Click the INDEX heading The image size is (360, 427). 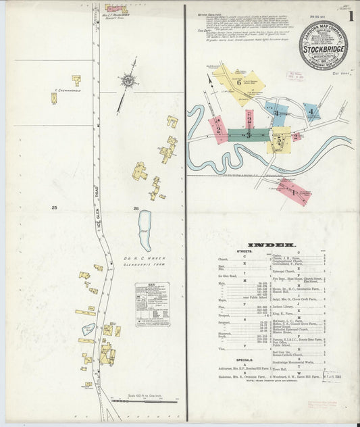pyautogui.click(x=272, y=245)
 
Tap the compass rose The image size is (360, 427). pyautogui.click(x=128, y=80)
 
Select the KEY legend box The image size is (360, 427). pyautogui.click(x=152, y=304)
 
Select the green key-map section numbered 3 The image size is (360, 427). pyautogui.click(x=248, y=135)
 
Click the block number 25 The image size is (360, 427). pyautogui.click(x=53, y=208)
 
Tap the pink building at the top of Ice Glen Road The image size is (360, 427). pyautogui.click(x=115, y=9)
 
